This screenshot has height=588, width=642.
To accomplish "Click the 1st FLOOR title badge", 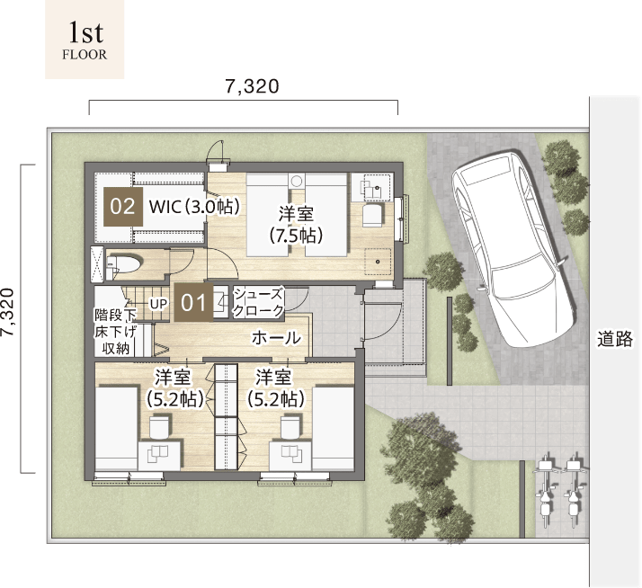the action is (x=85, y=40).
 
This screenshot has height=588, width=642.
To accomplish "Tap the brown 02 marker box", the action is (x=123, y=207).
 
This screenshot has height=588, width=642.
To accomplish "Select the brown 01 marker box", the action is (x=193, y=303).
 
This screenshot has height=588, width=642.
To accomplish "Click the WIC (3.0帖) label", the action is (x=194, y=207).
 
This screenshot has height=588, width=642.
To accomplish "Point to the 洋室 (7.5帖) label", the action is (x=296, y=225).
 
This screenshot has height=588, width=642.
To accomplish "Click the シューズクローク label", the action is (x=258, y=302).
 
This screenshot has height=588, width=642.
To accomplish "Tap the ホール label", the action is (x=276, y=338).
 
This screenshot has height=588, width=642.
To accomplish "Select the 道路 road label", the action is (x=615, y=339).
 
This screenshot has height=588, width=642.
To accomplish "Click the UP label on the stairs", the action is (x=158, y=304).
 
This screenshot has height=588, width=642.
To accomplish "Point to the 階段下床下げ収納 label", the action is (x=116, y=331).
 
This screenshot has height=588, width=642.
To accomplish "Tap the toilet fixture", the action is (x=124, y=263).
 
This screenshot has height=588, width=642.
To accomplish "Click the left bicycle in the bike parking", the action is (x=545, y=489).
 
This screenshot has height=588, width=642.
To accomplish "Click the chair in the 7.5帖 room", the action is (x=372, y=216).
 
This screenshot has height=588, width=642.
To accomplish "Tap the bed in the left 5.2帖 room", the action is (x=116, y=428).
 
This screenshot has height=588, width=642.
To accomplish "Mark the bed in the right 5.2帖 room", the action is (x=334, y=428).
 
